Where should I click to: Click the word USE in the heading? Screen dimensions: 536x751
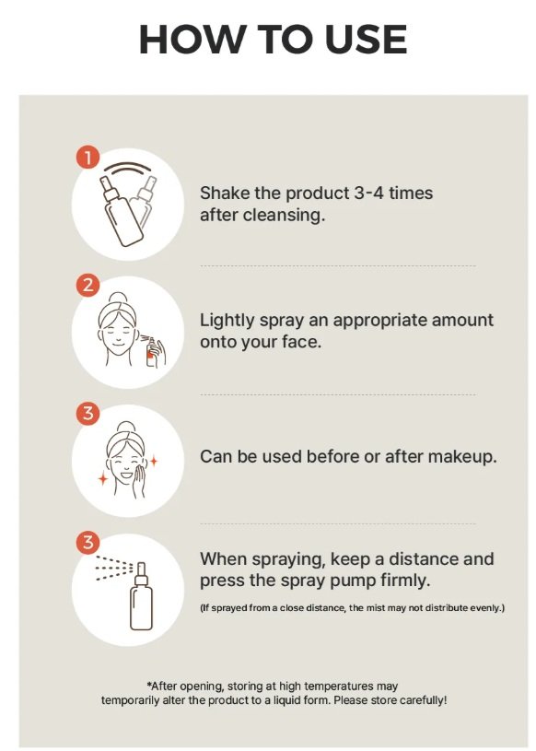coord(367,40)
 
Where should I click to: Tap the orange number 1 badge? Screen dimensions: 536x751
coord(87,158)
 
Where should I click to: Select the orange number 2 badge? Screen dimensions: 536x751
coord(87,286)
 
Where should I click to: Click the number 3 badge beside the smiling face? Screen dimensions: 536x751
coord(87,414)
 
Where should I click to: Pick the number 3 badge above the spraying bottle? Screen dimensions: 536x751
coord(87,543)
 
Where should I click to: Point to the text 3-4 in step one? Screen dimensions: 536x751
coord(369,193)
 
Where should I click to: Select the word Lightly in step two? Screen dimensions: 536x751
coord(227,321)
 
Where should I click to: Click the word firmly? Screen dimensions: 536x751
coord(406,581)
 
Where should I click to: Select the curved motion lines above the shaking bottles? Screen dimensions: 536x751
coord(128,168)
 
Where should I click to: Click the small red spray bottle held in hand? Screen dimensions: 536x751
coord(152,352)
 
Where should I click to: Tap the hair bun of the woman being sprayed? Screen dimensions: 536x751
coord(118,298)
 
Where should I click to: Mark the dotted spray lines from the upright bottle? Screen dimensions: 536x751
coord(114,568)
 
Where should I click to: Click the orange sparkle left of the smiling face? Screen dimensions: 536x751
coord(103,477)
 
